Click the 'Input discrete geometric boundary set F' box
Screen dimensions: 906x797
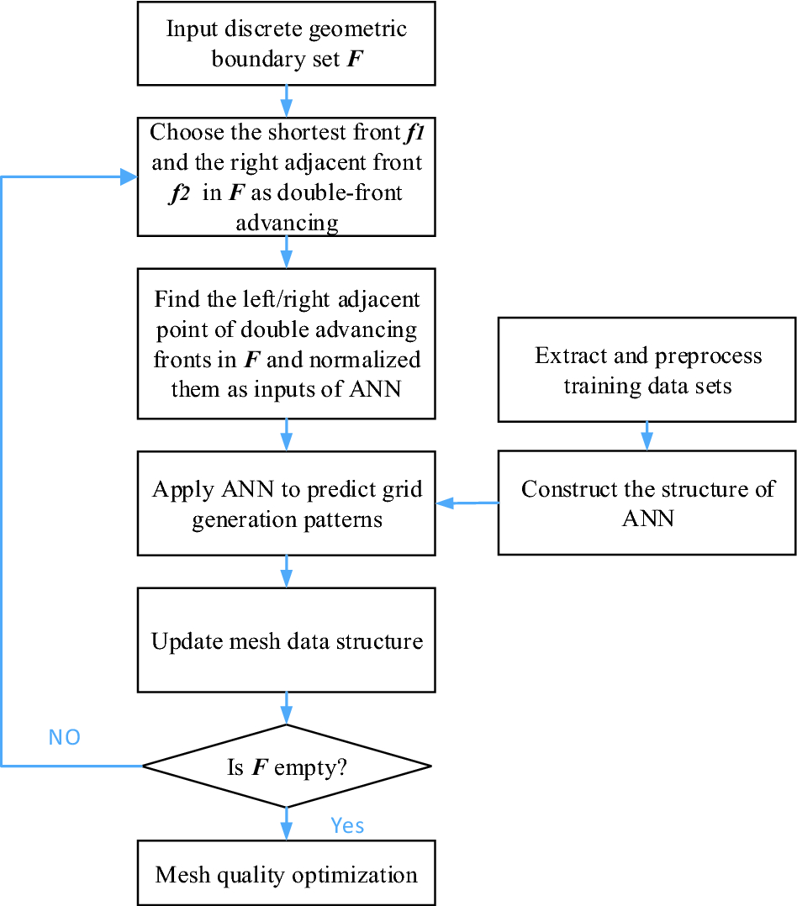286,44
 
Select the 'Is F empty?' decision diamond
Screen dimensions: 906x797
286,766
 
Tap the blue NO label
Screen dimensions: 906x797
64,738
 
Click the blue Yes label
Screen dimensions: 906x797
347,825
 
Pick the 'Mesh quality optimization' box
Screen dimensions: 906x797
286,874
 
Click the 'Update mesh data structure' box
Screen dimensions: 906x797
286,641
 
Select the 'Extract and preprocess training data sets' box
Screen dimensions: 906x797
647,370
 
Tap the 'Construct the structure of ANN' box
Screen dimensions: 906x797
647,503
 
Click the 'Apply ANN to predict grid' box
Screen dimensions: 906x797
286,504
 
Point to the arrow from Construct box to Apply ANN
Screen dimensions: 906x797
467,503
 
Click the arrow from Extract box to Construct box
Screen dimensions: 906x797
647,435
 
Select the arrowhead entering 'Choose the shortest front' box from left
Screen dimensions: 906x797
129,177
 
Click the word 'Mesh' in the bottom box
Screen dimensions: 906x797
180,874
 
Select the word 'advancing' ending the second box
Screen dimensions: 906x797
287,222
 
